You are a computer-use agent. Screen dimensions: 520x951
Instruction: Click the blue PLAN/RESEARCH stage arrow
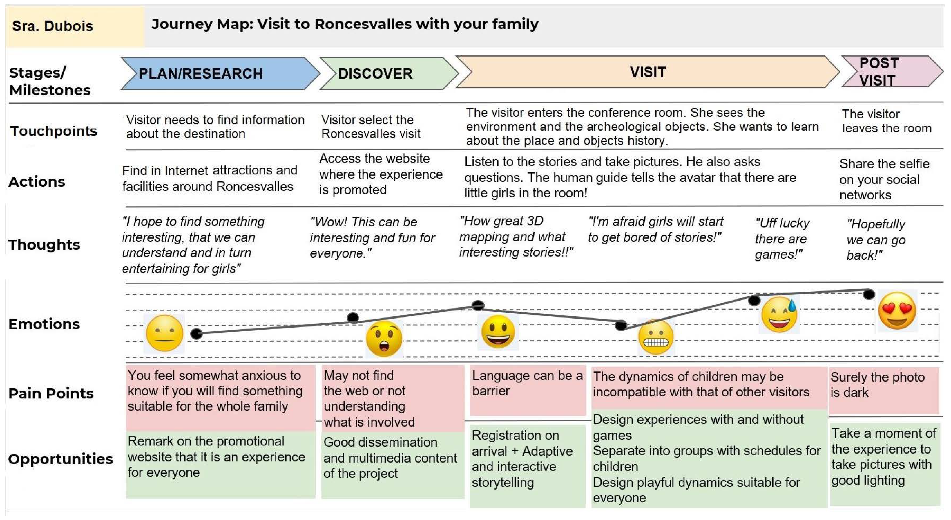[x=218, y=73]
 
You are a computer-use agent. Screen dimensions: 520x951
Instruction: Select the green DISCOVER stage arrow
[x=386, y=73]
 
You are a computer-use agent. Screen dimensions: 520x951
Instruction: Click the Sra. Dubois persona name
[x=52, y=26]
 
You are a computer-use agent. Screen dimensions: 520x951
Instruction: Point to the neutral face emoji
[x=165, y=333]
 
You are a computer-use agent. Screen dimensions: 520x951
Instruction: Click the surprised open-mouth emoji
[x=384, y=338]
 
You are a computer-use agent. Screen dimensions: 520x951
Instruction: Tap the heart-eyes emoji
[x=897, y=310]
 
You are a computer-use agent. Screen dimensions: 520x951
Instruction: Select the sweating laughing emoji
[x=779, y=314]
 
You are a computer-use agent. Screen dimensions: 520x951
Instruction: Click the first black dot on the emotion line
[x=196, y=334]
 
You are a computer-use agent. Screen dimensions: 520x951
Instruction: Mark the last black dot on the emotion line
[x=869, y=294]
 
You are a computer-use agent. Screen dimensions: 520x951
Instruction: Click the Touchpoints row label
[x=54, y=131]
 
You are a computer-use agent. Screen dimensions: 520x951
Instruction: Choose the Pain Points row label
[x=51, y=393]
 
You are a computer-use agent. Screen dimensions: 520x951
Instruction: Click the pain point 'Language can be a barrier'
[x=527, y=383]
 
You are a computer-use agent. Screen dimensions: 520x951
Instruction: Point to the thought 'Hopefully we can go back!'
[x=876, y=240]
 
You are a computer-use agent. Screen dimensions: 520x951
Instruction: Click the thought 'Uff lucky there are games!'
[x=782, y=239]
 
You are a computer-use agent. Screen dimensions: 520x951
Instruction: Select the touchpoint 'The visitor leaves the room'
[x=886, y=121]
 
